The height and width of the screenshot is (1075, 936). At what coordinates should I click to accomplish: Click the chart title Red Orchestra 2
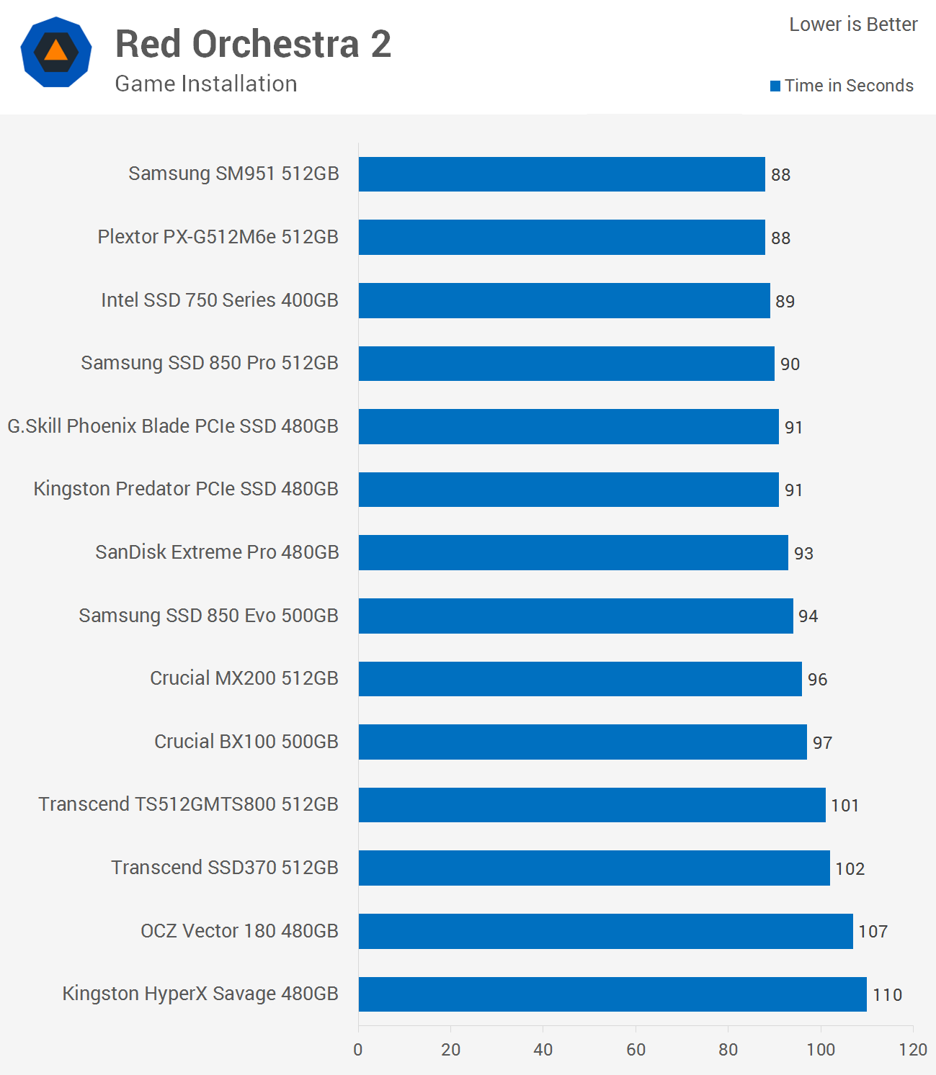[x=253, y=45]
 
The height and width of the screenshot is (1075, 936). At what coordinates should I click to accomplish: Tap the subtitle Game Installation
[x=206, y=84]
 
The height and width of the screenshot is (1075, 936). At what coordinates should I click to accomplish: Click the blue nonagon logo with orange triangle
[x=56, y=52]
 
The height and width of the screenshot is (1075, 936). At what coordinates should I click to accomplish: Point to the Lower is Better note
[x=853, y=24]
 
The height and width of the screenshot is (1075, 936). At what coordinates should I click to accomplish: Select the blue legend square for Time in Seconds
[x=775, y=86]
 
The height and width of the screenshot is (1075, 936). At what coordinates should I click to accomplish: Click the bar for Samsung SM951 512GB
[x=561, y=174]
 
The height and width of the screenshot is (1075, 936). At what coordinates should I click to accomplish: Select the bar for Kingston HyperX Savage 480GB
[x=612, y=994]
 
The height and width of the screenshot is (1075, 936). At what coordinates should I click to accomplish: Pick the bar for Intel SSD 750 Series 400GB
[x=563, y=300]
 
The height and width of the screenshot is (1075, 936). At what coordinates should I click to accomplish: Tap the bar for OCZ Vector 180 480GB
[x=605, y=931]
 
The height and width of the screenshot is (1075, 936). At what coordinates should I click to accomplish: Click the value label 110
[x=887, y=995]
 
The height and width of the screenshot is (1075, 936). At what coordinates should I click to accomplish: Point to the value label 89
[x=785, y=302]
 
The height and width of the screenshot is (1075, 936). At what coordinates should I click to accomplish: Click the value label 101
[x=844, y=806]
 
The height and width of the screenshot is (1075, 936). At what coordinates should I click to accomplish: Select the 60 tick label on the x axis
[x=636, y=1050]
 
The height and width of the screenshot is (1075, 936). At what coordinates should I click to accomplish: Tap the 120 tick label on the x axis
[x=913, y=1050]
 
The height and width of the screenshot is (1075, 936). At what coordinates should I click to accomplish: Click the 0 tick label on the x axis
[x=358, y=1050]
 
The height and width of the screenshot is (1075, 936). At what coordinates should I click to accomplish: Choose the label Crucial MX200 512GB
[x=244, y=678]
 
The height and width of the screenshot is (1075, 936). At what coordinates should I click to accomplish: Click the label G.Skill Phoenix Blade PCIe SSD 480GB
[x=173, y=426]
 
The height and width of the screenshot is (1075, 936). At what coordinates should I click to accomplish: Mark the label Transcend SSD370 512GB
[x=224, y=868]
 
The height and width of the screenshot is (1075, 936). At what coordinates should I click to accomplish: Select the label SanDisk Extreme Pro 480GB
[x=217, y=552]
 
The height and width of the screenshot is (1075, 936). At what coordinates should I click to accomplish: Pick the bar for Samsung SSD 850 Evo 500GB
[x=575, y=616]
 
